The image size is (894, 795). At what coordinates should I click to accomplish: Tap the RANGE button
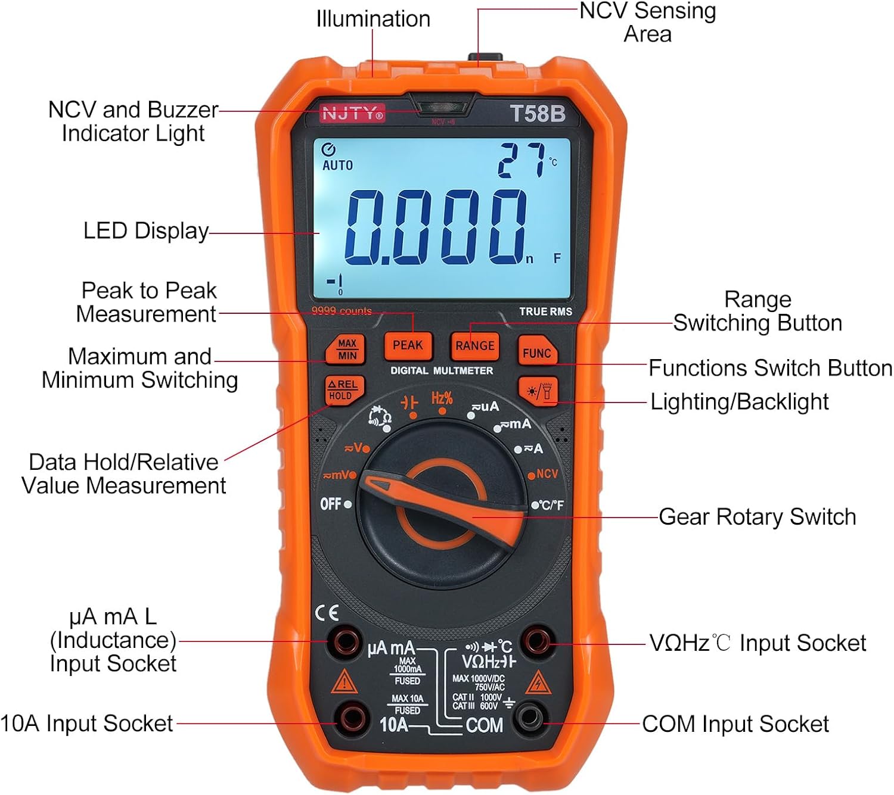click(474, 345)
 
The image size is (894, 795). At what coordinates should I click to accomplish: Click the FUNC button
click(536, 353)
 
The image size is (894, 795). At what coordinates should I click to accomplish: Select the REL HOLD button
click(343, 390)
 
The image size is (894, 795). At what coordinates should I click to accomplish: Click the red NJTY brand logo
click(352, 113)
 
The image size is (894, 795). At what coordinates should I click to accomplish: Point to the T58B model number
click(538, 113)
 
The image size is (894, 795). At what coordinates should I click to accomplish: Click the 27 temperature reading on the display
click(522, 160)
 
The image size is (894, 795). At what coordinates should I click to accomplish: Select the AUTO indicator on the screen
click(337, 165)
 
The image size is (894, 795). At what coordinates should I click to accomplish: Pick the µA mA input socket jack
click(346, 642)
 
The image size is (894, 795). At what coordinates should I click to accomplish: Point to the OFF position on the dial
click(331, 504)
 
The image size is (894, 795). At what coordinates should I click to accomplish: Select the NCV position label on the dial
click(547, 474)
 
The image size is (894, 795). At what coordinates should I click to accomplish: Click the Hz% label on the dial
click(442, 398)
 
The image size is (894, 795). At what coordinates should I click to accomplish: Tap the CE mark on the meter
click(327, 613)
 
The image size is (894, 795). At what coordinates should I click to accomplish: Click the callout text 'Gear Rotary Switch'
click(757, 516)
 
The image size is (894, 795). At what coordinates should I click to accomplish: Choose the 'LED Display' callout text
click(146, 231)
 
